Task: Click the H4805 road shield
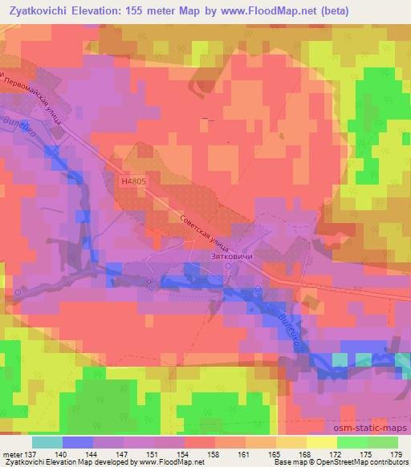pos(134,182)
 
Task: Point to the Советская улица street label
pos(205,229)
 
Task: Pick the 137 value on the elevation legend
pos(30,453)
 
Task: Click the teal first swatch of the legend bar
pos(47,442)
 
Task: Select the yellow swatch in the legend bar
pos(322,442)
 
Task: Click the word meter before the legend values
pos(11,453)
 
